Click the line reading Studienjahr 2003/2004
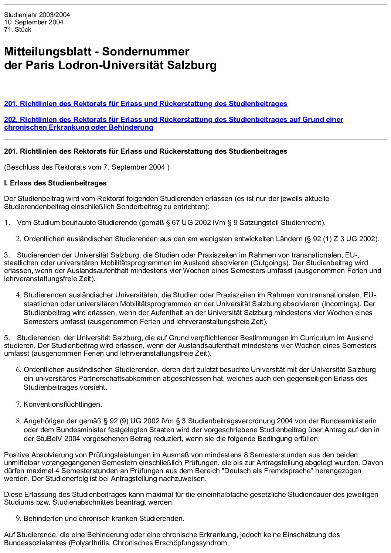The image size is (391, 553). pos(37,15)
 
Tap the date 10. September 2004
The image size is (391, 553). pos(34,22)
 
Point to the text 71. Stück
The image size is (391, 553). pos(18,30)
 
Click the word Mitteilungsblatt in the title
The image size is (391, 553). pos(50,51)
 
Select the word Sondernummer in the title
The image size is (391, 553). pos(146,51)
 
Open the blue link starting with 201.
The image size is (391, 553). pos(146,104)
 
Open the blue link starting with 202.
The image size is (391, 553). pos(173,120)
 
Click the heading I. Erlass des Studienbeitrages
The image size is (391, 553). pos(55,183)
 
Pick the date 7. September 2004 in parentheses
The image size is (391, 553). pos(134,167)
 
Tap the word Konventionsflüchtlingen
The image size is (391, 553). pos(63,404)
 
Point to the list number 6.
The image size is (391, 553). pos(18,370)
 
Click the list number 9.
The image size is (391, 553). pos(18,519)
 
